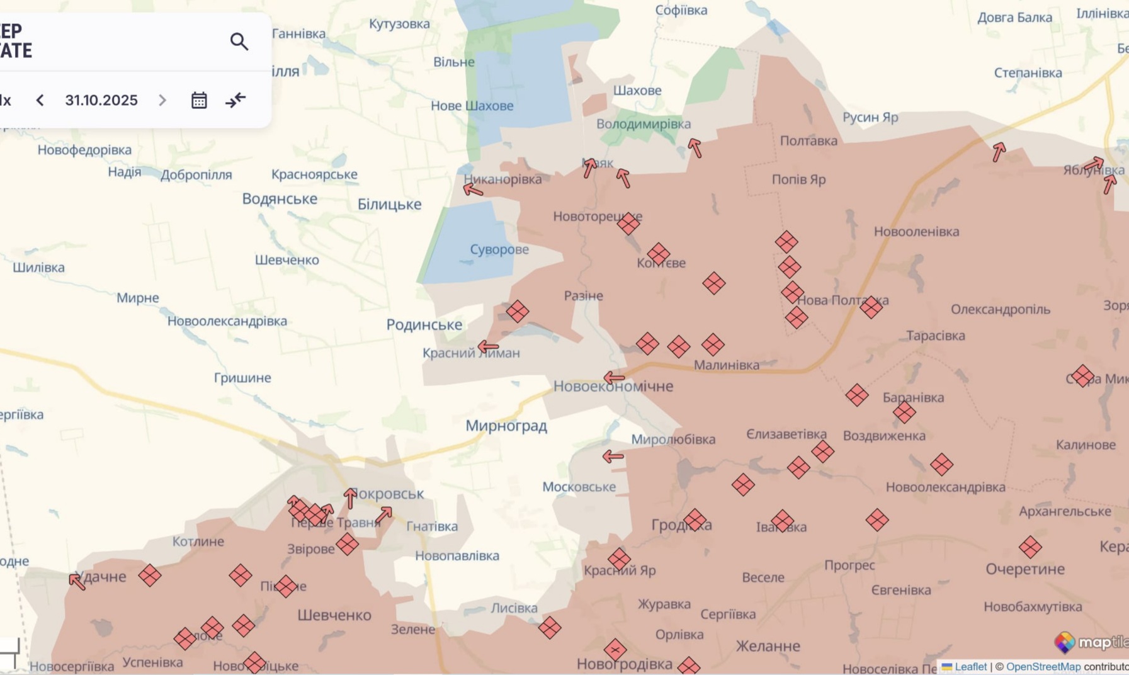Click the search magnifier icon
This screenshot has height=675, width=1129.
pos(239,42)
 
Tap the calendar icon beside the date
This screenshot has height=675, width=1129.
pos(199,100)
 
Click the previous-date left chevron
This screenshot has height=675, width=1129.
pos(40,100)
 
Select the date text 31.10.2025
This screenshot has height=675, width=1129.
pos(101,100)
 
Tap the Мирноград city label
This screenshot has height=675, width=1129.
pos(506,426)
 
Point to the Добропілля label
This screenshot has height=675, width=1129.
pos(196,174)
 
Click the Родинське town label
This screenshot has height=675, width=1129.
pos(424,324)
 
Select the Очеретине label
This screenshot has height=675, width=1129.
pos(1024,569)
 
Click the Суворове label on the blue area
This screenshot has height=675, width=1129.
pos(499,249)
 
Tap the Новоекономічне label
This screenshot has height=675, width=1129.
pos(613,386)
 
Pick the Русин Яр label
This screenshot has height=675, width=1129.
pos(870,117)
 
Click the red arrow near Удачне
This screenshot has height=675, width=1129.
pos(77,581)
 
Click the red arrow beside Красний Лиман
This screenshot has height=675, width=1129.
pos(488,346)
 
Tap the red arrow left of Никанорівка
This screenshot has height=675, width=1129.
pos(473,190)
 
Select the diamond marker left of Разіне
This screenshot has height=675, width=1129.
pos(517,311)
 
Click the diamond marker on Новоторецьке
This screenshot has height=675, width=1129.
pos(628,223)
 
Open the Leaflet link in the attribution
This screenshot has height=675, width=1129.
pos(970,666)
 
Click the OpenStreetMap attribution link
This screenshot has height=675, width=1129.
pos(1043,666)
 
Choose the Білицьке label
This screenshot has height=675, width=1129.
pos(389,204)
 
